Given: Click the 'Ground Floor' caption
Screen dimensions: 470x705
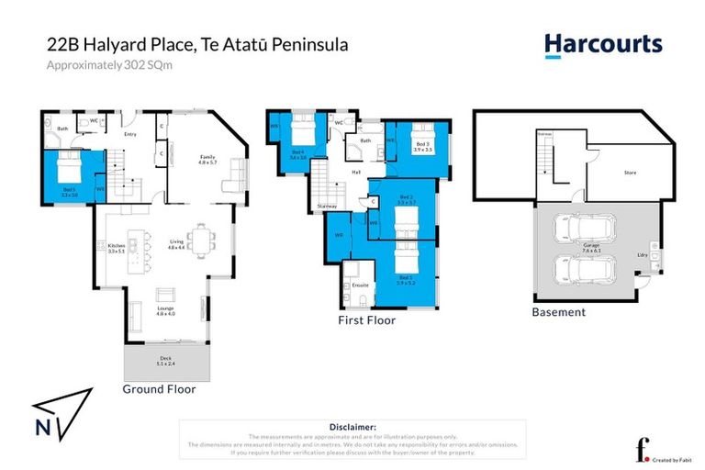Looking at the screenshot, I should click(x=159, y=388).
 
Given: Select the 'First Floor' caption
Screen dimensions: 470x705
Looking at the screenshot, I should click(x=365, y=320).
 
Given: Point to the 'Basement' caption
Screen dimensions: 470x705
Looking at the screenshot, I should click(x=558, y=312).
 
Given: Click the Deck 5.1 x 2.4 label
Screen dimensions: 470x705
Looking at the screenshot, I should click(x=166, y=361).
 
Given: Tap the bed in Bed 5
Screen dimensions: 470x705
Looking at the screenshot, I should click(x=69, y=171).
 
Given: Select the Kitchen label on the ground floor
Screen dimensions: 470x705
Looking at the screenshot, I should click(x=116, y=246).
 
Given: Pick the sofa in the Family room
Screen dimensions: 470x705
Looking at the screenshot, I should click(x=237, y=173).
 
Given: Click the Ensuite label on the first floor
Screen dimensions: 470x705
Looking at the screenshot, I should click(x=361, y=285).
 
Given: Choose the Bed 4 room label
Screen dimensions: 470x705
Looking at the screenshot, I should click(x=298, y=155).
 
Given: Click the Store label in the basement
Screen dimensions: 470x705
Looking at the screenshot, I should click(x=629, y=172).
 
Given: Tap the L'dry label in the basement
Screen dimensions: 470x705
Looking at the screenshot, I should click(x=643, y=255).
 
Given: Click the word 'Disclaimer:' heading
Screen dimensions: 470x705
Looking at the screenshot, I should click(x=352, y=427).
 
